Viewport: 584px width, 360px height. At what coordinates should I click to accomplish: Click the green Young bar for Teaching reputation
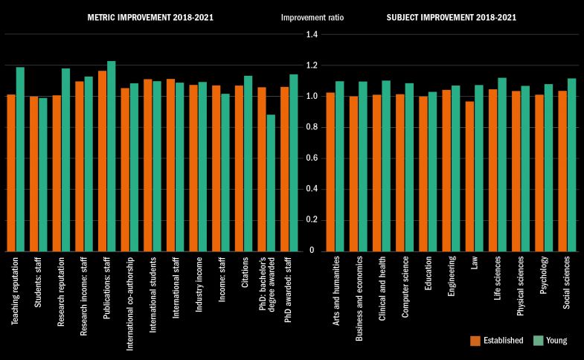(20, 159)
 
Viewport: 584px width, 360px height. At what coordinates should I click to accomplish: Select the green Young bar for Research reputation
(65, 159)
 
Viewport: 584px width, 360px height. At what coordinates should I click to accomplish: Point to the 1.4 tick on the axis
(311, 35)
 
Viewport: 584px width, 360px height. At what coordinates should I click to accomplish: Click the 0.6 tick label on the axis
(311, 158)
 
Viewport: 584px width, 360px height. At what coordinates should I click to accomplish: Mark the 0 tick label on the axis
(311, 251)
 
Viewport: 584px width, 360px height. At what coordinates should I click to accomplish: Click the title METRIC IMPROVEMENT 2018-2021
(151, 17)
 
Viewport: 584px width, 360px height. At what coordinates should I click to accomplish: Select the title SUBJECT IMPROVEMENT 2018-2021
(451, 17)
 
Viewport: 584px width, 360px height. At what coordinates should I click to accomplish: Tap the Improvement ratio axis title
(311, 17)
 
